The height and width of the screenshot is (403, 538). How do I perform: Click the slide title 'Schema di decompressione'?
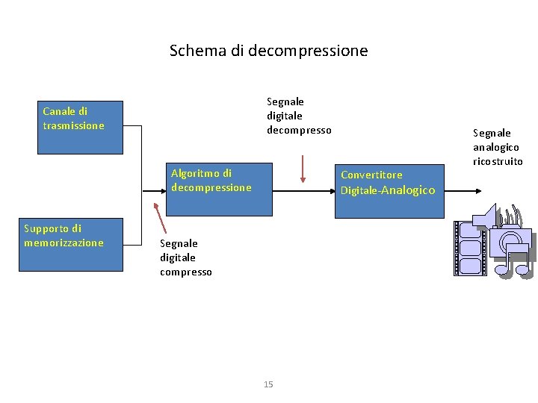pyautogui.click(x=268, y=51)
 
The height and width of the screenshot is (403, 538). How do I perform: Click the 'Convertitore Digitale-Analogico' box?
pyautogui.click(x=389, y=190)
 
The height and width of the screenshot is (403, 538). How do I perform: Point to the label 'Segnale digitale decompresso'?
pyautogui.click(x=298, y=116)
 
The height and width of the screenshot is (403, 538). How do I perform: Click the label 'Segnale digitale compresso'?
pyautogui.click(x=185, y=257)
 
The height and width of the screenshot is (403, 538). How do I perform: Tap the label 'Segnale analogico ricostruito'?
pyautogui.click(x=497, y=147)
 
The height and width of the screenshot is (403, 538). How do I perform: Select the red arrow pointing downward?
pyautogui.click(x=303, y=168)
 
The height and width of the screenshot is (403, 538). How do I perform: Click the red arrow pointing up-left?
pyautogui.click(x=161, y=217)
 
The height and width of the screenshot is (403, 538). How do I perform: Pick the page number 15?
pyautogui.click(x=268, y=384)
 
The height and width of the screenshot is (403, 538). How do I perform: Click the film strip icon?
pyautogui.click(x=469, y=248)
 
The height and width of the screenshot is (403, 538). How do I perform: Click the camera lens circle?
pyautogui.click(x=511, y=239)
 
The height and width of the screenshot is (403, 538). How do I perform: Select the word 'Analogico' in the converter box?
pyautogui.click(x=409, y=190)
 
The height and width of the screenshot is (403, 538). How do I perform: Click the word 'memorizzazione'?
pyautogui.click(x=64, y=243)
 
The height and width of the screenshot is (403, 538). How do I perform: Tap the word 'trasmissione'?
pyautogui.click(x=73, y=125)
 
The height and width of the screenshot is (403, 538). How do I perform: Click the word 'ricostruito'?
pyautogui.click(x=498, y=161)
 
